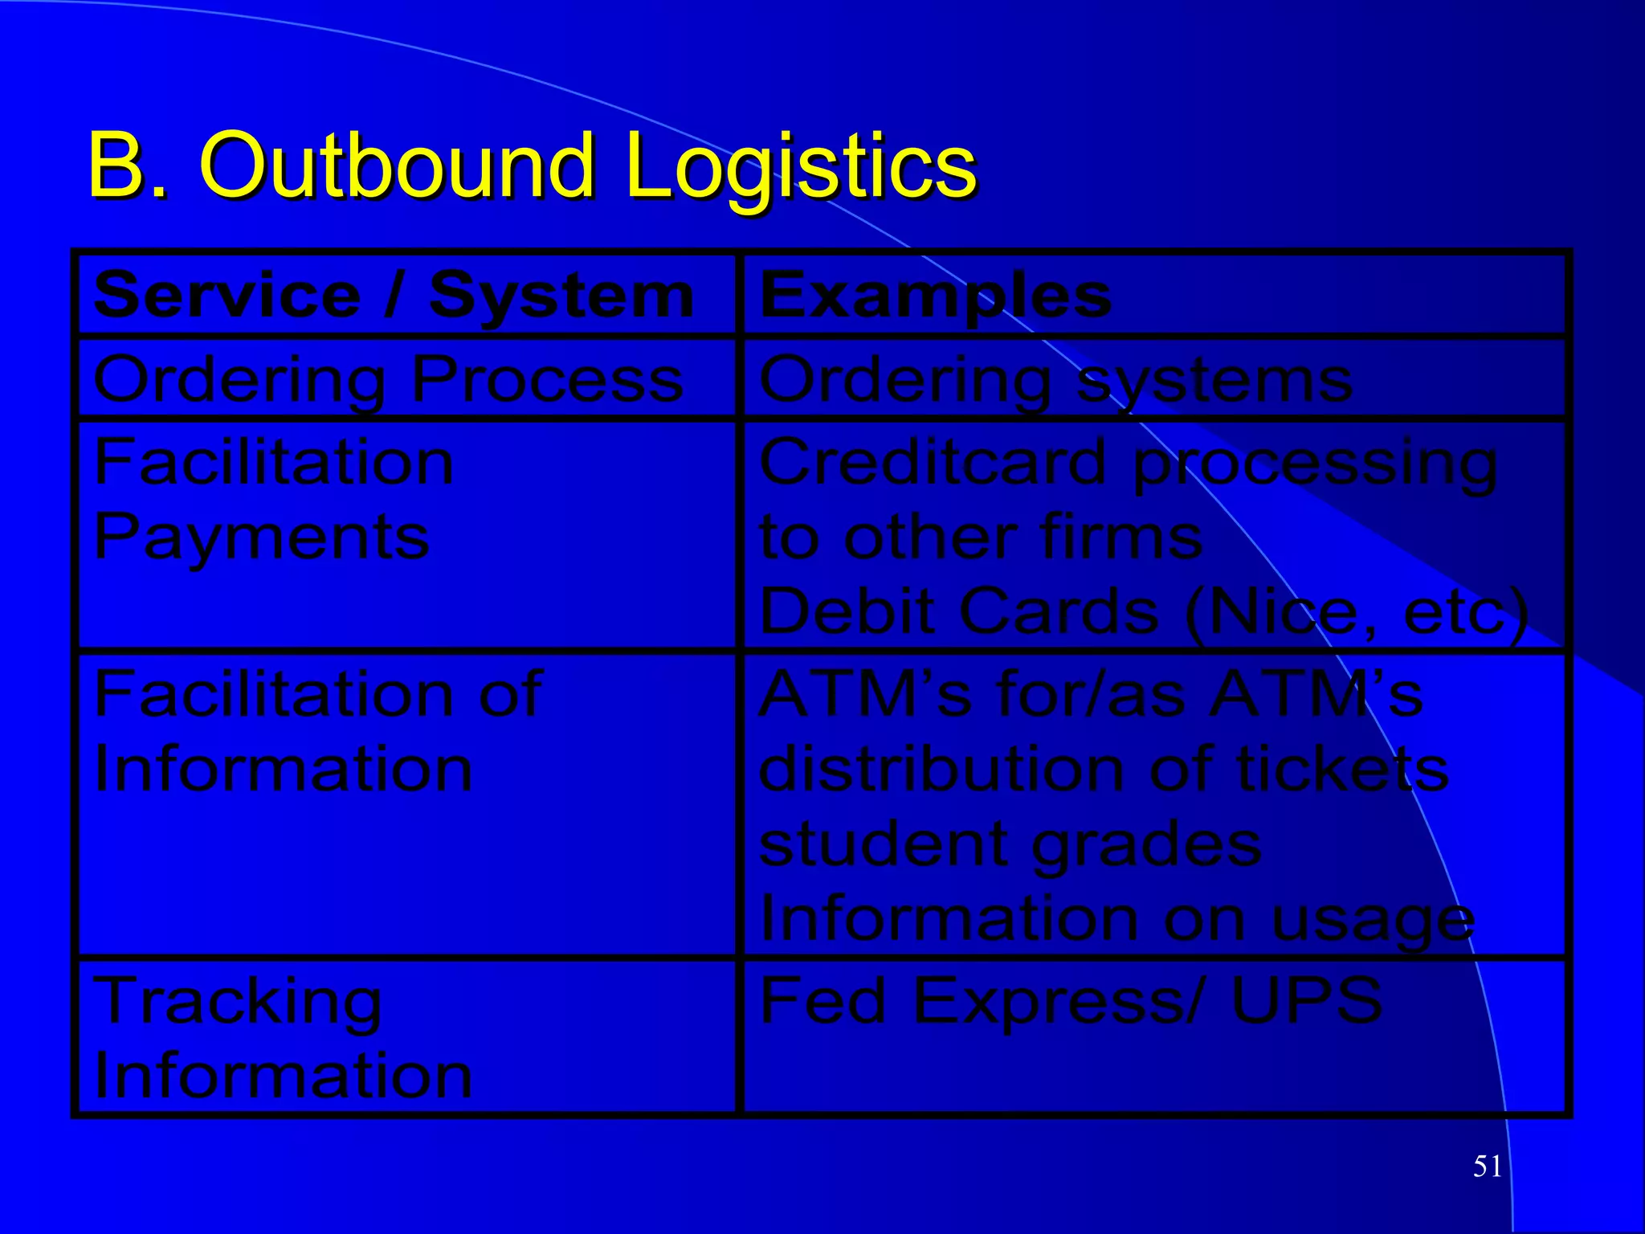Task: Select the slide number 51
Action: click(1488, 1166)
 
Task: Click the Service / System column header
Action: click(394, 296)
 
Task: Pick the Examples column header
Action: click(935, 296)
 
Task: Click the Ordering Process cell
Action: click(389, 379)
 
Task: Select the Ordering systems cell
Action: click(1055, 379)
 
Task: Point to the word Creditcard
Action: click(933, 463)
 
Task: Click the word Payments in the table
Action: click(262, 537)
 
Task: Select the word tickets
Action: click(1341, 769)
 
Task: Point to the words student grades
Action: click(1010, 845)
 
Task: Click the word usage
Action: click(1373, 921)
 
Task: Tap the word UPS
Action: click(1306, 999)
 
